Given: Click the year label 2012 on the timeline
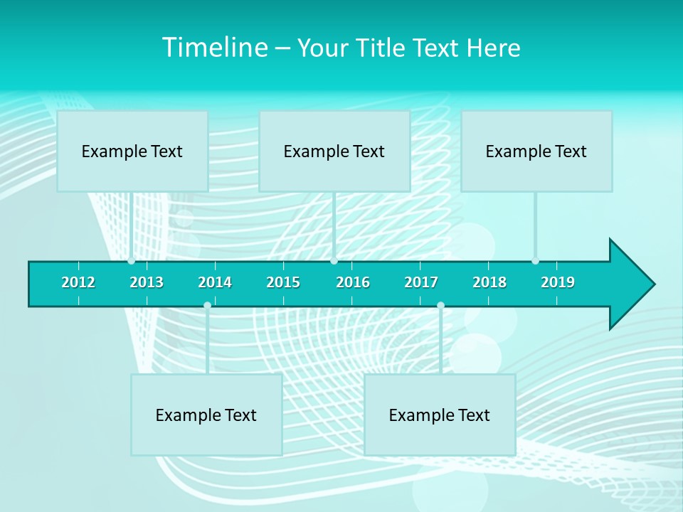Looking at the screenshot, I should pos(78,282).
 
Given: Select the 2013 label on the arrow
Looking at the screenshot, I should pos(147,282).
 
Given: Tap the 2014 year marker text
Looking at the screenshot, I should pos(215,282).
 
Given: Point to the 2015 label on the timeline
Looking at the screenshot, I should pos(283,282).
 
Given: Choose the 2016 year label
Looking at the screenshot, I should pos(353,282).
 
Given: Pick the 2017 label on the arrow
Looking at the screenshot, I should pos(421,282).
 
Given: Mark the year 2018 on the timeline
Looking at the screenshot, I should pos(489,282).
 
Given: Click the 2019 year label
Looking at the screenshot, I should pos(558,282).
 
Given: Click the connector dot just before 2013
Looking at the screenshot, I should pos(131,261).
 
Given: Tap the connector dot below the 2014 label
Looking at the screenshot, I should pos(207,305).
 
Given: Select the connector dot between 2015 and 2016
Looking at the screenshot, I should pos(334,261).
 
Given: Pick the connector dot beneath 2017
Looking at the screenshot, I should pos(440,305).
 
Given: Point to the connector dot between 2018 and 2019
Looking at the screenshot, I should pos(535,261).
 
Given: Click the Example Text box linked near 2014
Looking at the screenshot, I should pos(206,415).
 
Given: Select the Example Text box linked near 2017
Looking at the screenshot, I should pos(440,415).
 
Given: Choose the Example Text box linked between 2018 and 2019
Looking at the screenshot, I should pos(536,151).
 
